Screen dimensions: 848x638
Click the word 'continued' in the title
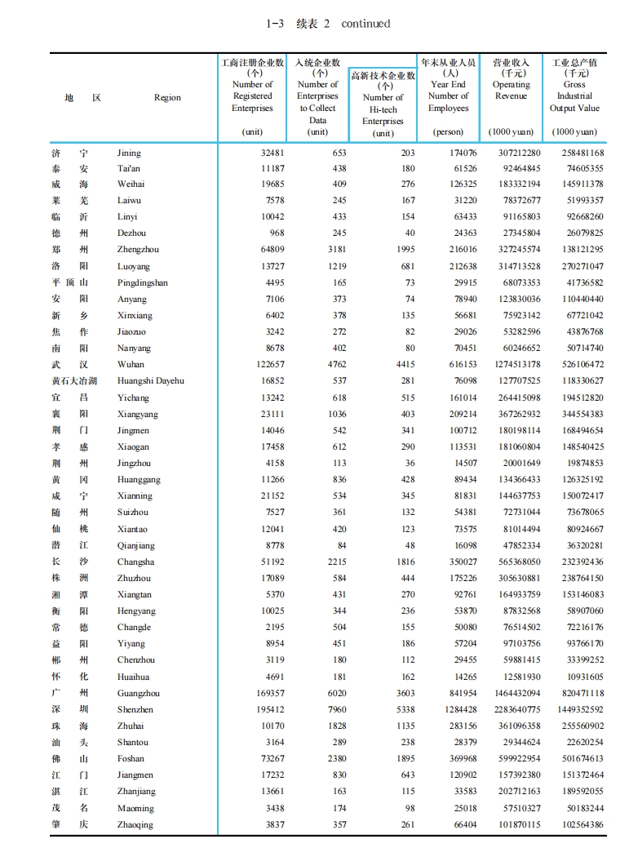[366, 24]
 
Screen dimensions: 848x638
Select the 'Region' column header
[167, 97]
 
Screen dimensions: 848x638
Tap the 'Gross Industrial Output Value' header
[574, 96]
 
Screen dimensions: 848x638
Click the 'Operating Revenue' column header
[512, 90]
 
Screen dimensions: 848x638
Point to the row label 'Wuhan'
[131, 365]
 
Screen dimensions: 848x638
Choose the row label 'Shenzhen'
[135, 709]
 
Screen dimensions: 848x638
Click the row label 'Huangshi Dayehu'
[151, 381]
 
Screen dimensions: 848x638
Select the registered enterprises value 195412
[268, 709]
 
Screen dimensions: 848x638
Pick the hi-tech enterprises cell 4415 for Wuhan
[404, 365]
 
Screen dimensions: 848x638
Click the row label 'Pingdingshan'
[143, 282]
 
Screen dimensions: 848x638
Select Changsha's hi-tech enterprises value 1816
[404, 562]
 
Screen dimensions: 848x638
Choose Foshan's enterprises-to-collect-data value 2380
[335, 758]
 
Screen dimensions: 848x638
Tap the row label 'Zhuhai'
[131, 726]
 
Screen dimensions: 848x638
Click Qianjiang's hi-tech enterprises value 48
[410, 545]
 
